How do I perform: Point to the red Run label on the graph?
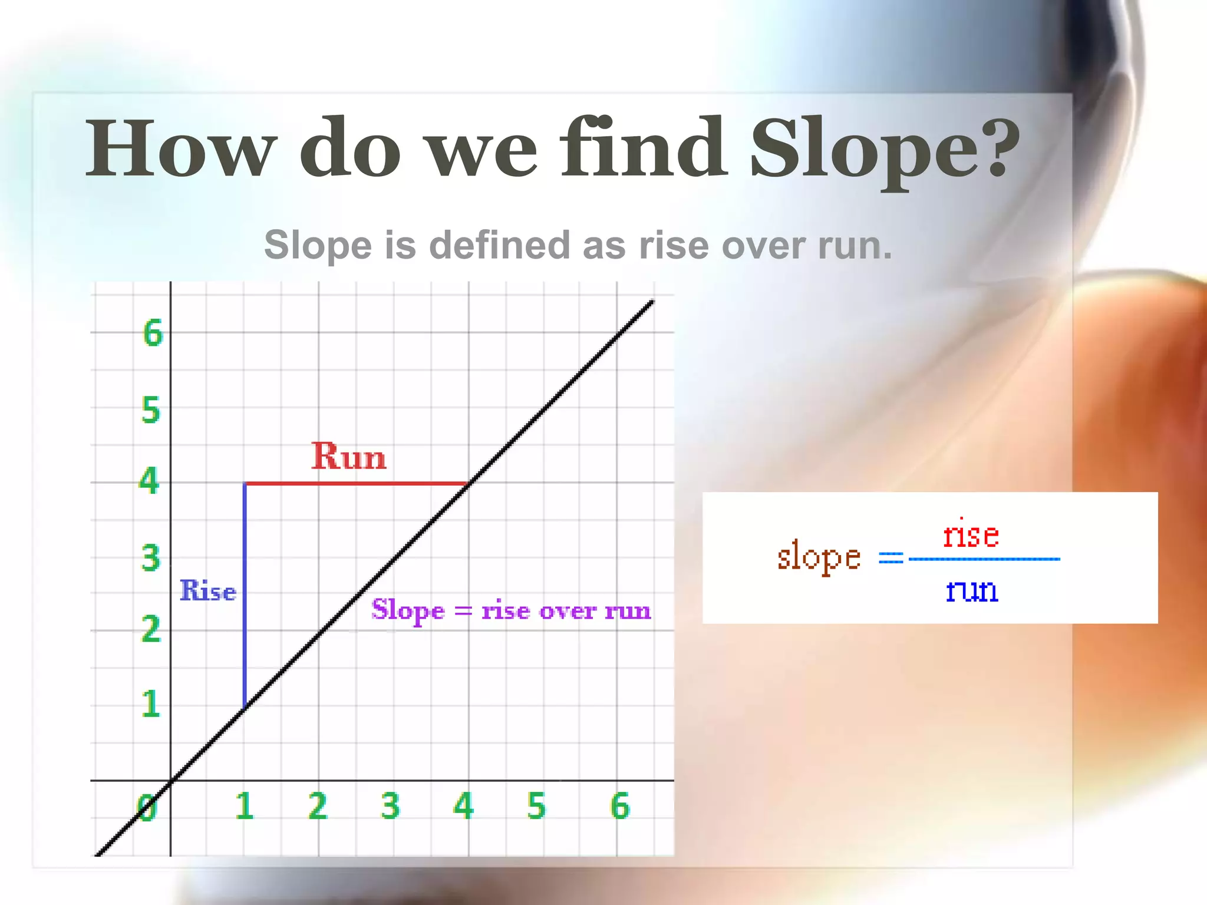click(x=349, y=457)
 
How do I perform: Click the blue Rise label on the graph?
click(x=207, y=590)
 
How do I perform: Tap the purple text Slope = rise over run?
click(x=511, y=610)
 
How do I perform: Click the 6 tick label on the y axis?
click(x=153, y=333)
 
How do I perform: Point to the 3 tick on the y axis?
click(x=150, y=557)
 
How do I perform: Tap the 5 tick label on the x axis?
click(x=536, y=805)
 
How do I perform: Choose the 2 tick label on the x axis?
click(x=318, y=805)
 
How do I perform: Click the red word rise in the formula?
click(x=971, y=535)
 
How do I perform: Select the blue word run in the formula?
click(x=972, y=590)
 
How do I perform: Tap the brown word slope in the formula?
click(x=819, y=557)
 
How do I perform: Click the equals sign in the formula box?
click(x=891, y=558)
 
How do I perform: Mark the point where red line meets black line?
click(x=468, y=483)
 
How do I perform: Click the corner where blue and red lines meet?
click(x=245, y=483)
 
